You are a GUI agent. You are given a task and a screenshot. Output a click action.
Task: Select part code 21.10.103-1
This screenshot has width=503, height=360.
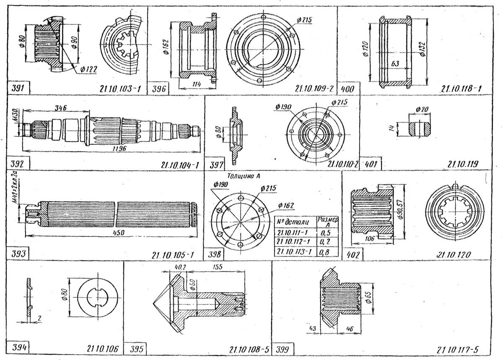(121, 89)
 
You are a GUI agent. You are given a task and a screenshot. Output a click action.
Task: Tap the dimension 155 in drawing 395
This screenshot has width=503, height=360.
(218, 266)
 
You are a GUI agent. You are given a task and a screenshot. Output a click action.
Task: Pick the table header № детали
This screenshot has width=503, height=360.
(293, 221)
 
